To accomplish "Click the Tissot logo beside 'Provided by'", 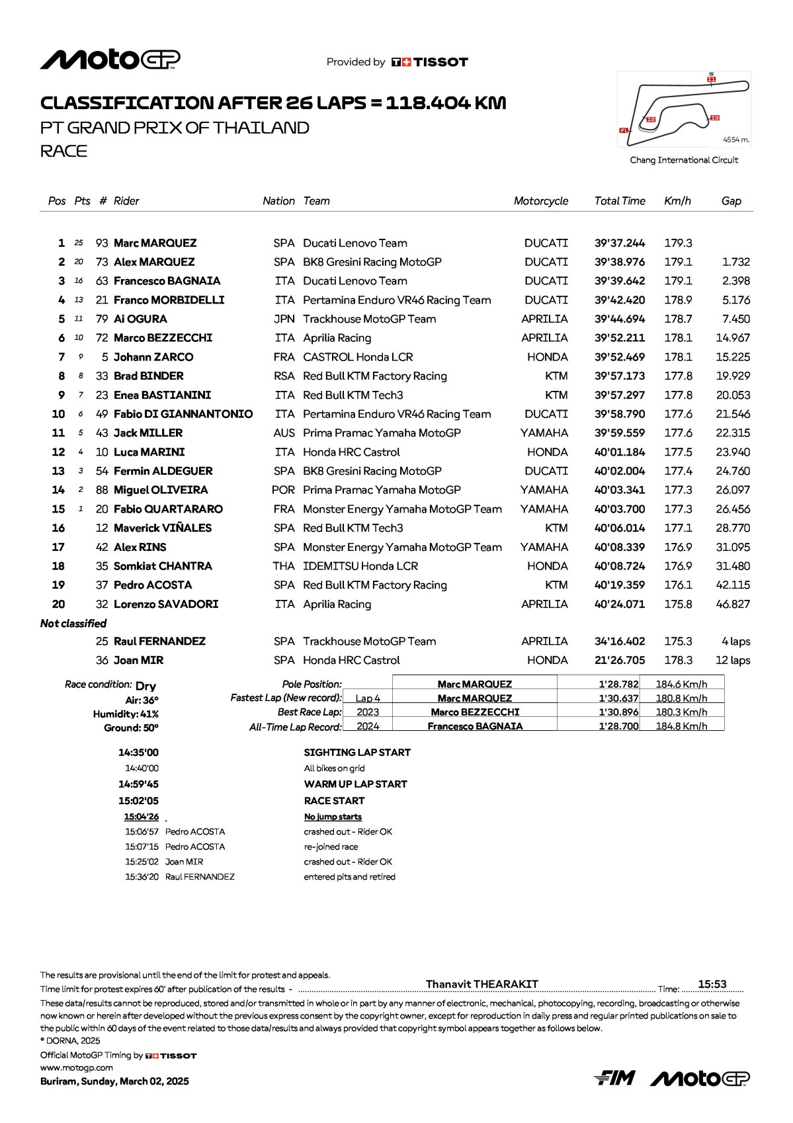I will click(430, 62).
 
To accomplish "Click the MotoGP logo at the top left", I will click(110, 60).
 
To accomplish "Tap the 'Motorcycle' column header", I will click(540, 201).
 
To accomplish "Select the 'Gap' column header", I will click(731, 201).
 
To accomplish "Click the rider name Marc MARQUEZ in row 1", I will click(155, 243).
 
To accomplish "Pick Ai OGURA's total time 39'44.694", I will click(619, 319).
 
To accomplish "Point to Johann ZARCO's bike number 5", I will click(104, 357).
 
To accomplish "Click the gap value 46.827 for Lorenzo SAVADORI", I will click(733, 604).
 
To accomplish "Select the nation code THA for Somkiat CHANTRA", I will click(284, 566).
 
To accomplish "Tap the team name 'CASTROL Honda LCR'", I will click(358, 357).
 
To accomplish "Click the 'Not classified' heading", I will click(73, 624).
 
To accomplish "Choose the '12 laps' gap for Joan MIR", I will click(733, 661).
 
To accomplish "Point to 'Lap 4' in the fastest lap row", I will click(368, 698).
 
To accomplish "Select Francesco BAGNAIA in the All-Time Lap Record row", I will click(475, 726).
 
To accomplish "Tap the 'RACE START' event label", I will click(334, 801).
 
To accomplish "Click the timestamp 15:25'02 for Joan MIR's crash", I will click(142, 862).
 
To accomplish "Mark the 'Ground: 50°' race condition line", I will click(131, 728).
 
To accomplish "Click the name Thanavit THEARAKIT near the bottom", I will click(481, 984).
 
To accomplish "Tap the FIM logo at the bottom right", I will click(614, 1078).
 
